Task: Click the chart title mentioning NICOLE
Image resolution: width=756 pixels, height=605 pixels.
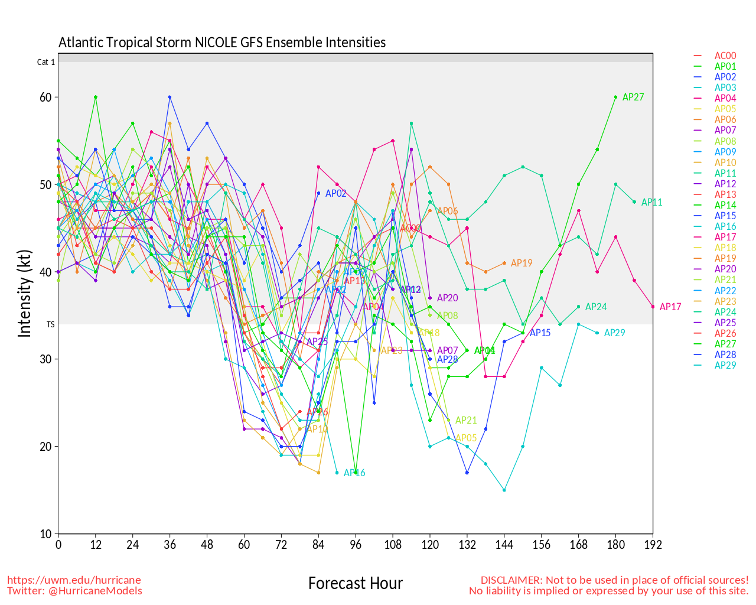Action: (222, 43)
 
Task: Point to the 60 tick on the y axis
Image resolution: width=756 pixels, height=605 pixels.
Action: (45, 97)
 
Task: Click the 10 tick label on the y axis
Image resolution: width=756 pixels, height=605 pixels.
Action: (45, 534)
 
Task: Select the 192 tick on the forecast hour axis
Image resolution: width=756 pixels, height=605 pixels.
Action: (653, 545)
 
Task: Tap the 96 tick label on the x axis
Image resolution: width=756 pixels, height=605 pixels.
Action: (356, 545)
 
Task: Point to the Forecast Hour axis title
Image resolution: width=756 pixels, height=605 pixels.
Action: (356, 584)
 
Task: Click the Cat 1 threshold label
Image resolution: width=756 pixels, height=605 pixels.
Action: (46, 62)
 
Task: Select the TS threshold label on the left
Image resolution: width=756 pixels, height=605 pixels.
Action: (51, 324)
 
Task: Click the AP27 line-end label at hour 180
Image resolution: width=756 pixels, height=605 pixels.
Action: (633, 97)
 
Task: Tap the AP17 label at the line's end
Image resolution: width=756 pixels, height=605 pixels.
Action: (670, 307)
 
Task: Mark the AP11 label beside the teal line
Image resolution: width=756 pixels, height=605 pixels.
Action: (651, 203)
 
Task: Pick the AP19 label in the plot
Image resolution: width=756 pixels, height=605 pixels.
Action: (522, 264)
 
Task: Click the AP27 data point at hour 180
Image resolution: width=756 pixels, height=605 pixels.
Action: (616, 97)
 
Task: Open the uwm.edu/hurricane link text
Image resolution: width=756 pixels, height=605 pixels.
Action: (74, 580)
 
